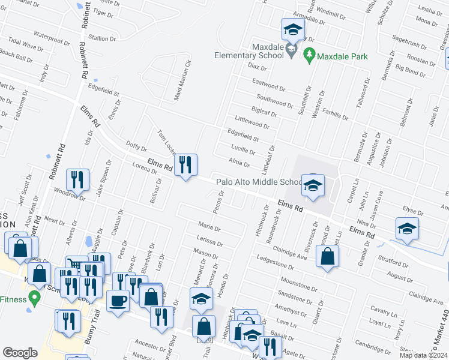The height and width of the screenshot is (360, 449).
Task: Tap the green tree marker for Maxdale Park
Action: coord(310,56)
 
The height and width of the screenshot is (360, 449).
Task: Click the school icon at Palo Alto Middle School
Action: coord(313,186)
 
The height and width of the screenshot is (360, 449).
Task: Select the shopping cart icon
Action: coord(74,265)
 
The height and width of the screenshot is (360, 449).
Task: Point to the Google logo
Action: coord(20,353)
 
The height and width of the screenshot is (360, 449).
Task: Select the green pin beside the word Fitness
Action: coord(35,297)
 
